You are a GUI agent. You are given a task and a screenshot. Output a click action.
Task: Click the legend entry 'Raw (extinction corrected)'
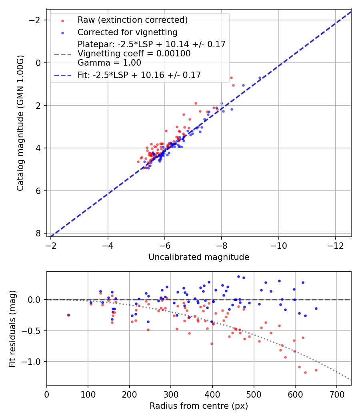[x=132, y=20]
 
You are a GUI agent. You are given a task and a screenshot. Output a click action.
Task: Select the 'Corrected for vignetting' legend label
[x=127, y=32]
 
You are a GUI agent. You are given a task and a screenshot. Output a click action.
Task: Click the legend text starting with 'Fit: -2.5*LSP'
[x=139, y=75]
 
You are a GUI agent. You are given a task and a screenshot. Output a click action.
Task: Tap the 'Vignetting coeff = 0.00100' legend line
[x=134, y=54]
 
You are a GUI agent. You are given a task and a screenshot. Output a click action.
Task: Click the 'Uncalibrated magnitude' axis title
[x=199, y=257]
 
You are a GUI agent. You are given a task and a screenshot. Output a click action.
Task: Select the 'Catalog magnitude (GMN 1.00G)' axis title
[x=20, y=123]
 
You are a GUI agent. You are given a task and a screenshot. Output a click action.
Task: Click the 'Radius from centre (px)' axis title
[x=199, y=406]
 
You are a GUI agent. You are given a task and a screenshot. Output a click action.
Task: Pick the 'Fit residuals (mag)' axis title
[x=12, y=329]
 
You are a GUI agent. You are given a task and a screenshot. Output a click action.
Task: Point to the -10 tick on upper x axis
[x=278, y=245]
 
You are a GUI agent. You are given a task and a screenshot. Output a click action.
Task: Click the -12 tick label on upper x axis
[x=335, y=245]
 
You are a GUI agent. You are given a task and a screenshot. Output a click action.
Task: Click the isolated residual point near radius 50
[x=68, y=315]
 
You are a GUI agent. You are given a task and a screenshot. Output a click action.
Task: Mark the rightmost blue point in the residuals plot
[x=316, y=308]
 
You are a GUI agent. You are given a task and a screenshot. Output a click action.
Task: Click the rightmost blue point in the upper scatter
[x=260, y=78]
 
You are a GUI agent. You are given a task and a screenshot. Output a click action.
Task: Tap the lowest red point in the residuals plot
[x=305, y=372]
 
